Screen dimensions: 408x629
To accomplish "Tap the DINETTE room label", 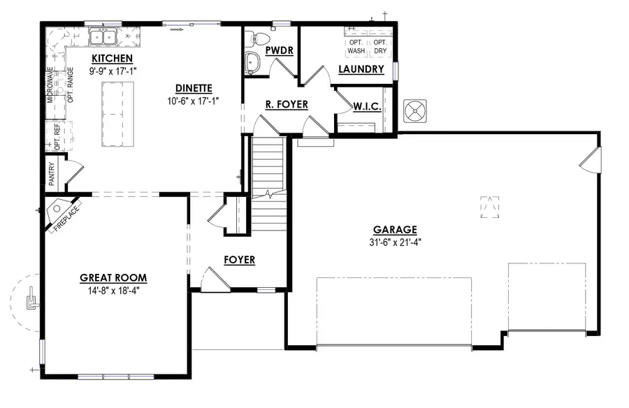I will coord(194,88).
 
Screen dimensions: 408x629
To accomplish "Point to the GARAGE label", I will coord(395,229).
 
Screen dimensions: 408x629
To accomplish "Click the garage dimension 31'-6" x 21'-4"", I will coord(395,242).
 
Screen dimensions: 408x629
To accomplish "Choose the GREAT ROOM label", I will coord(113,277).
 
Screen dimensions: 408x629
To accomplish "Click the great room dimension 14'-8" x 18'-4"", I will coord(113,289).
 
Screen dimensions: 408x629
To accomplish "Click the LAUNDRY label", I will coord(361,69).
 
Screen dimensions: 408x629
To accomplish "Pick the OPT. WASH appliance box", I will coord(356,46).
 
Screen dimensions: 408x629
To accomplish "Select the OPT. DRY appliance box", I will coord(379,46).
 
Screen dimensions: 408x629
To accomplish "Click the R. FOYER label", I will coord(287,105).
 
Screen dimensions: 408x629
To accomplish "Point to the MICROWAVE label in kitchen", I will coord(50,85).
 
